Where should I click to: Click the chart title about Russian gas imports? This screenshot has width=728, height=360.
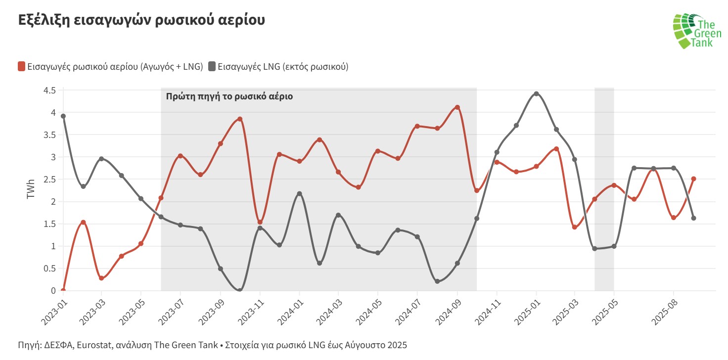click(141, 20)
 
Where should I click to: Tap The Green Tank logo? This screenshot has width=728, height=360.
click(694, 31)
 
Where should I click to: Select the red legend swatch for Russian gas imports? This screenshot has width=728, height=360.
click(21, 66)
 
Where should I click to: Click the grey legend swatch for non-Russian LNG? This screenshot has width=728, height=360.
click(212, 66)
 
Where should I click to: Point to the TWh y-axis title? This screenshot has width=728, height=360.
click(31, 190)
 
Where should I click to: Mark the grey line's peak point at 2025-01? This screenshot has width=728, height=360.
click(536, 93)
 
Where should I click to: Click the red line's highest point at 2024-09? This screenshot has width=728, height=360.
click(457, 107)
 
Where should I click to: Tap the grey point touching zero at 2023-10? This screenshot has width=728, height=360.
click(240, 290)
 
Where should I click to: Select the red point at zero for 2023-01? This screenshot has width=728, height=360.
click(63, 290)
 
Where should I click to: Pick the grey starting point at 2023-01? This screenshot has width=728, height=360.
click(63, 116)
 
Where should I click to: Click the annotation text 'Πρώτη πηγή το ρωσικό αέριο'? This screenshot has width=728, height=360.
click(229, 96)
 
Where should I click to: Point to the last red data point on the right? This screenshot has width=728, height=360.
click(694, 179)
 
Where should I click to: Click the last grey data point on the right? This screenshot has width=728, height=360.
click(694, 218)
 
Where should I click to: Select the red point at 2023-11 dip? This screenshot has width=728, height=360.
click(260, 222)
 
